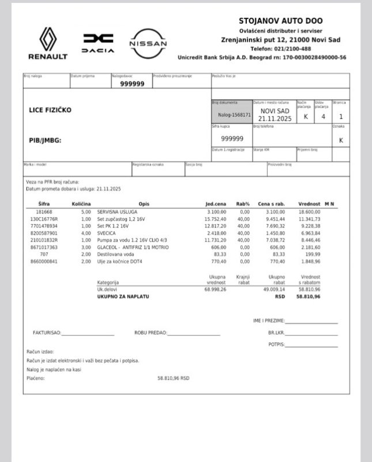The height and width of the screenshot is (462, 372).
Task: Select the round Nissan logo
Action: (148, 43)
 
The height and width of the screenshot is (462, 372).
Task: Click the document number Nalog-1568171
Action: (232, 114)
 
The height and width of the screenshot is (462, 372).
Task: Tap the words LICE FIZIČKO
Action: (50, 110)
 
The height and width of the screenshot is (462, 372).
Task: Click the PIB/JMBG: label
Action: (45, 140)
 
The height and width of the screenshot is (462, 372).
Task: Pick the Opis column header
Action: (144, 204)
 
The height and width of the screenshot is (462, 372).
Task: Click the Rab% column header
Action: (243, 204)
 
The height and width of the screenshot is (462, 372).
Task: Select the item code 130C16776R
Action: (44, 219)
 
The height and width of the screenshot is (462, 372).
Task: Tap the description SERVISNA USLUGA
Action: (118, 212)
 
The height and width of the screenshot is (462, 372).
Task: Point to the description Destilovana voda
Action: (116, 254)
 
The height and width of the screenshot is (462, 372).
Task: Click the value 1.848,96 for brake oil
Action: (309, 261)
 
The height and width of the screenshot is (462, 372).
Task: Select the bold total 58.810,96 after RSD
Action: (308, 296)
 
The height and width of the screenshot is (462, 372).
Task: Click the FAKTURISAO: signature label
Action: (47, 333)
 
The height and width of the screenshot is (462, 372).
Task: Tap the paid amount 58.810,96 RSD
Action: (173, 378)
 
